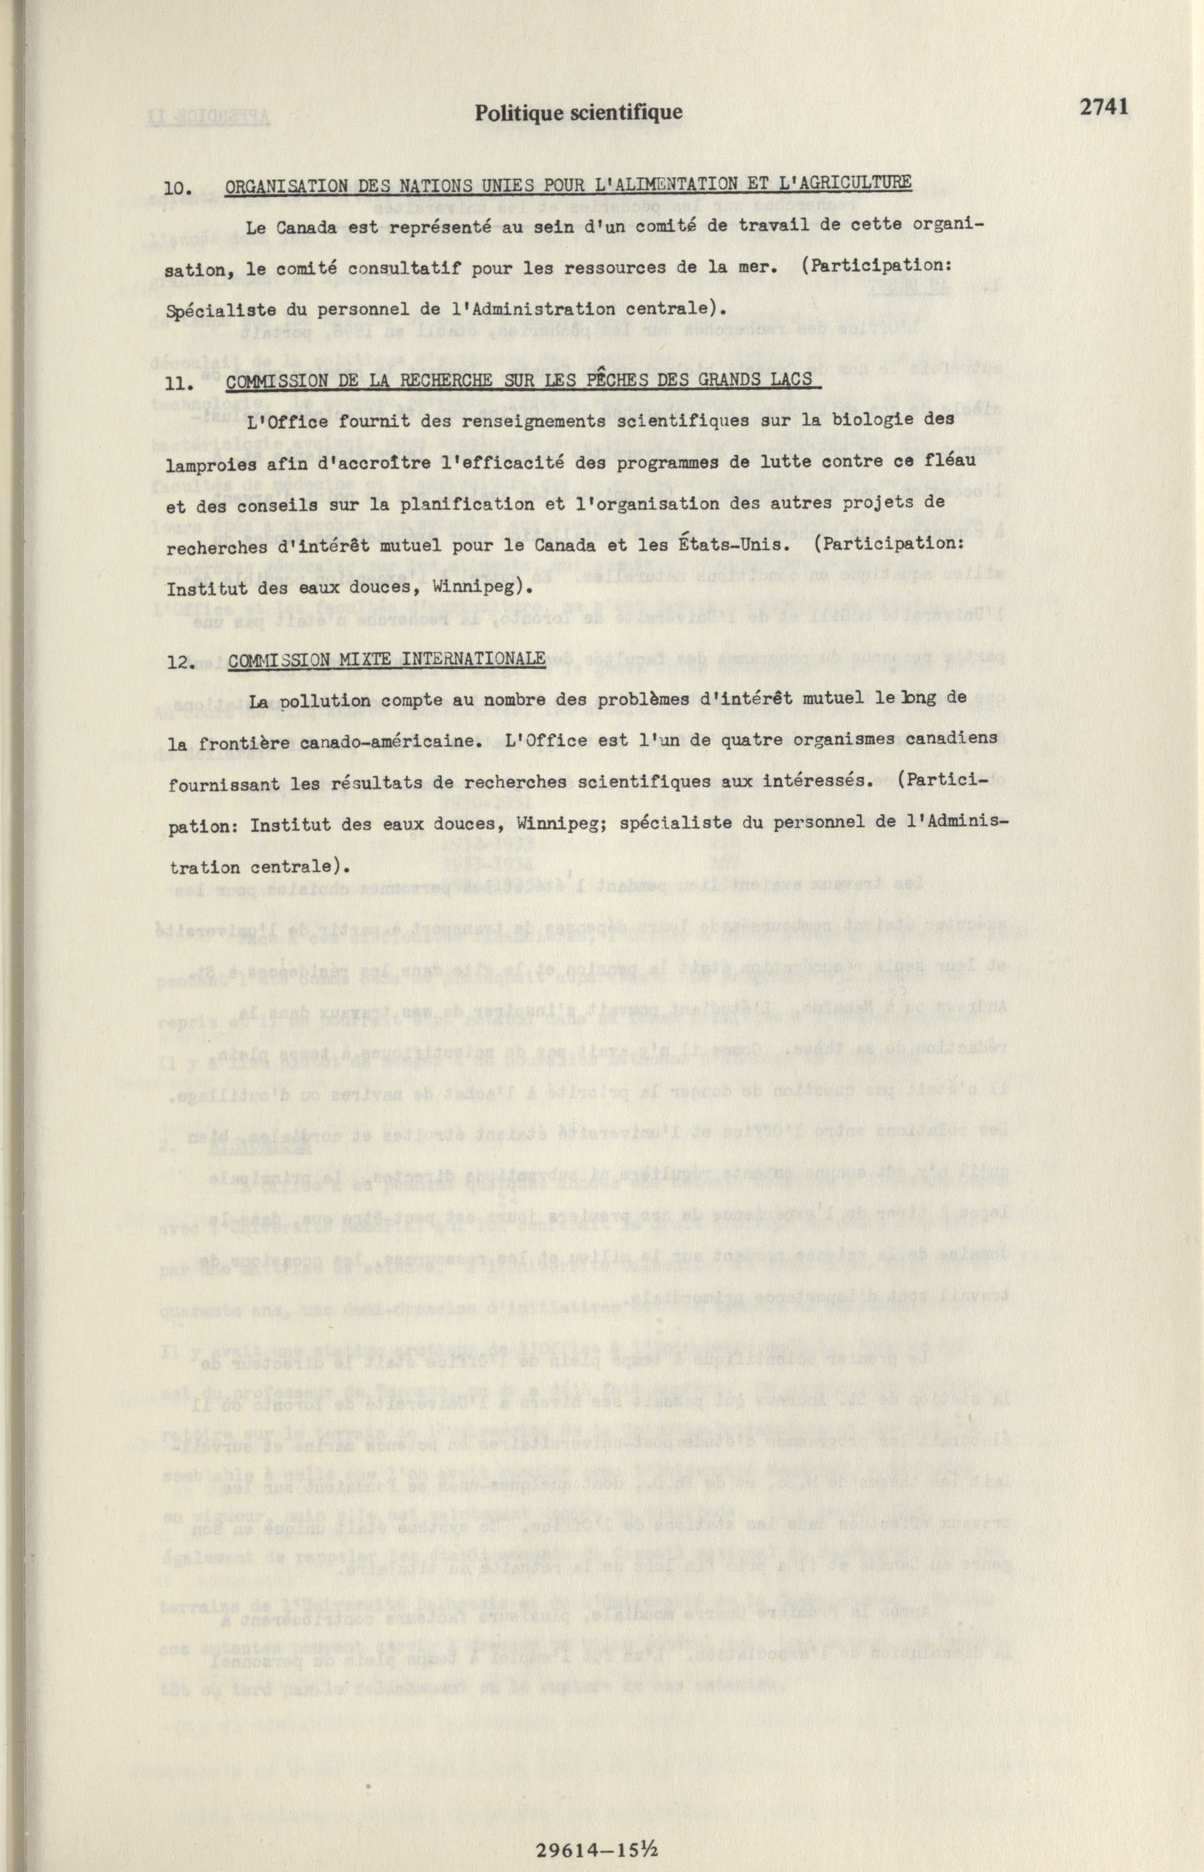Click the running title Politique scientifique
point(579,113)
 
